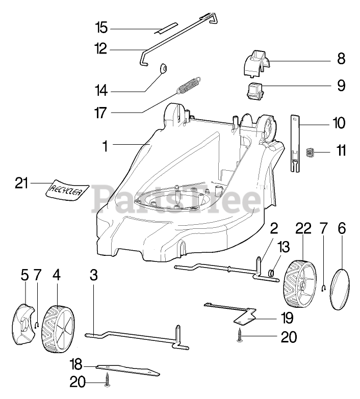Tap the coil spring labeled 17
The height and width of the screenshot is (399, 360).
(189, 85)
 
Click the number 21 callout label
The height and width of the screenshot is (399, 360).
(21, 183)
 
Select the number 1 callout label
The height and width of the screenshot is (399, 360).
(105, 146)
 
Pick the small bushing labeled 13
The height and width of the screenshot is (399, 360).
(274, 277)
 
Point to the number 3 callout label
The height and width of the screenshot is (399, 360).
(93, 275)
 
